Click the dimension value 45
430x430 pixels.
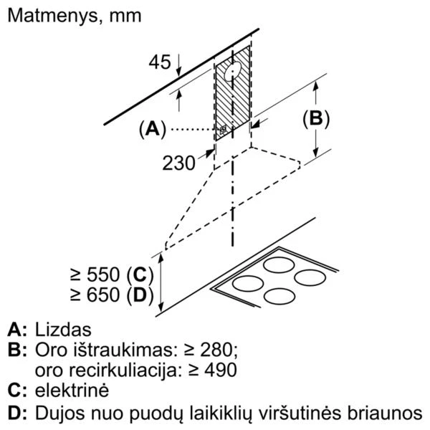(x=160, y=62)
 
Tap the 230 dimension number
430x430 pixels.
(x=178, y=163)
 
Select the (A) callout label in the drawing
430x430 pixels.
(x=153, y=129)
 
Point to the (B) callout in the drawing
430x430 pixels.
(x=316, y=119)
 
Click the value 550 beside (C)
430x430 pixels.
(x=103, y=274)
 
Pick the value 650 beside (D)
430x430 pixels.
(x=103, y=295)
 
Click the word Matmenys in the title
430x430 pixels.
(x=52, y=16)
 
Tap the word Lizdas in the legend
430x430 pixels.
(x=63, y=330)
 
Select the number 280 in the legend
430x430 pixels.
(x=217, y=350)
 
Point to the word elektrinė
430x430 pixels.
(x=72, y=391)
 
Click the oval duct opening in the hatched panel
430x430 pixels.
(x=233, y=72)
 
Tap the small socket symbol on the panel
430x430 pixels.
(x=223, y=130)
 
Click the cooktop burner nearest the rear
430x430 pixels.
(x=279, y=265)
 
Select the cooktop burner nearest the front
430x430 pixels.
(x=279, y=297)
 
